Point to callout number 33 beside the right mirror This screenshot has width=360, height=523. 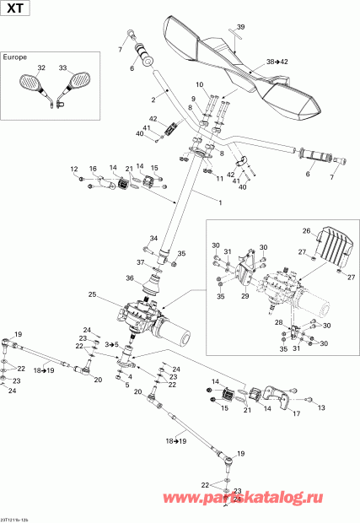coord(63,67)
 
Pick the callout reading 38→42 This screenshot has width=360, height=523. coord(277,62)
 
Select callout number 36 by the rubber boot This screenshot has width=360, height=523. coord(130,278)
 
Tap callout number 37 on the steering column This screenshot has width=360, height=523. coord(140,262)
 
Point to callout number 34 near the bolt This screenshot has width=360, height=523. coord(154,238)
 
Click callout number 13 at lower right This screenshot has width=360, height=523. coord(321,407)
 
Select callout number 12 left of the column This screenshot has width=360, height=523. coord(73,169)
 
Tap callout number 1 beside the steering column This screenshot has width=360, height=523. coord(197,203)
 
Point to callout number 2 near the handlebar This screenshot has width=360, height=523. coord(154,100)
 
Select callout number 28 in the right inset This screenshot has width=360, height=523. coord(277,322)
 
